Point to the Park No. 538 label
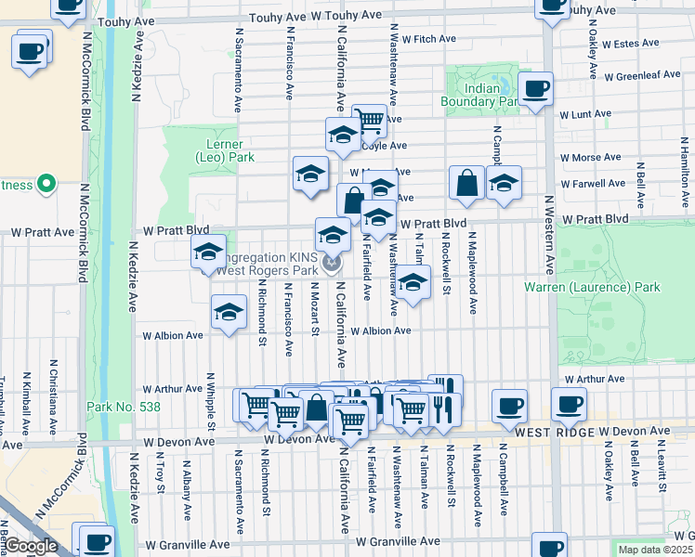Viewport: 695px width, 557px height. tap(111, 407)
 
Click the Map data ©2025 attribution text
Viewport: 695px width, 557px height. tap(655, 550)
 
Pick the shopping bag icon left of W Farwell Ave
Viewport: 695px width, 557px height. tap(466, 183)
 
